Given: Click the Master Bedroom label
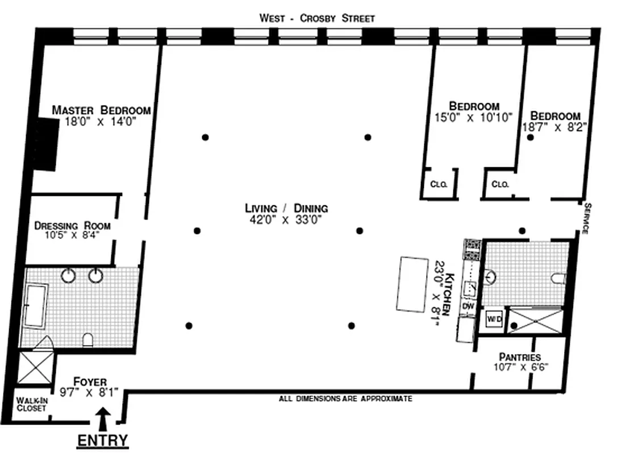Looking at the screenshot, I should pos(101,110).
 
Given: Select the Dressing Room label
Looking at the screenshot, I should pos(72,226).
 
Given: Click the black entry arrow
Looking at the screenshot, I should pos(103,419).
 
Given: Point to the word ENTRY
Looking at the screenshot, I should pos(102,440).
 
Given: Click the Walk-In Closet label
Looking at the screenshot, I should pos(31,404).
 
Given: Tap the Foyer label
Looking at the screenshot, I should pos(90,382).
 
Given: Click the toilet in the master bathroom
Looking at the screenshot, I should pos(88,340).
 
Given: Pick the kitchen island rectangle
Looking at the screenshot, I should pos(412,284).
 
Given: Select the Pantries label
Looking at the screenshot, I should pos(519,357).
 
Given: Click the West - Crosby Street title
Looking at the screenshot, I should pos(317,18).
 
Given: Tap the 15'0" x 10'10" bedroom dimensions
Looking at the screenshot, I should pos(473,117).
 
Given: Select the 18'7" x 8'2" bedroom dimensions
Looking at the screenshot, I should pos(555,128).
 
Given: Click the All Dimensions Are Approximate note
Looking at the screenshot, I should pos(345,399).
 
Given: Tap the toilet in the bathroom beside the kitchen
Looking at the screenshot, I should pos(557,278).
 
